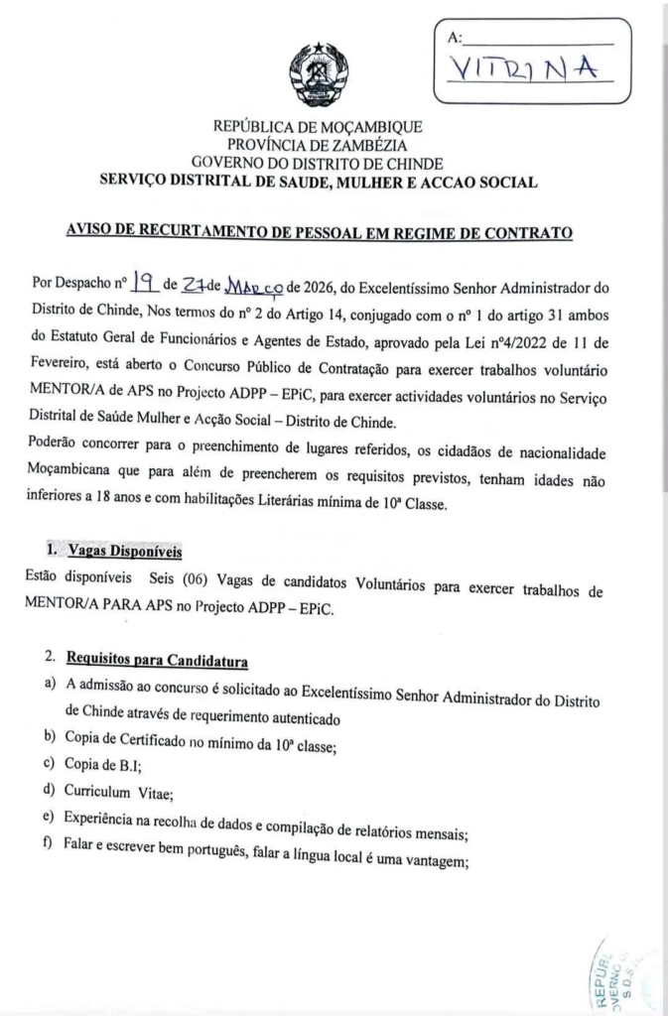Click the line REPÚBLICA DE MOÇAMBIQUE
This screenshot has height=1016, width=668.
(318, 127)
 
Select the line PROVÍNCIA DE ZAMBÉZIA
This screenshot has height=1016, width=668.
(318, 145)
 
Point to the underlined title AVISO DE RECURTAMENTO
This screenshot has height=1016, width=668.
(319, 234)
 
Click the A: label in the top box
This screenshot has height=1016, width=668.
(456, 38)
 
